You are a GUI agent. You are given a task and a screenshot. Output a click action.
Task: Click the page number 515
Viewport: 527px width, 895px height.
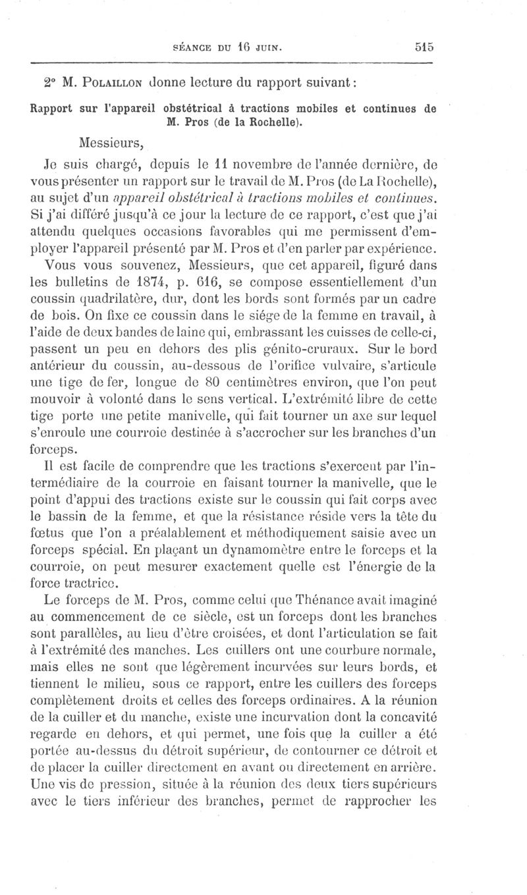click(424, 47)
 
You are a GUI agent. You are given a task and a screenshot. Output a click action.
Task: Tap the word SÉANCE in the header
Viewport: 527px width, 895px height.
click(192, 47)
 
